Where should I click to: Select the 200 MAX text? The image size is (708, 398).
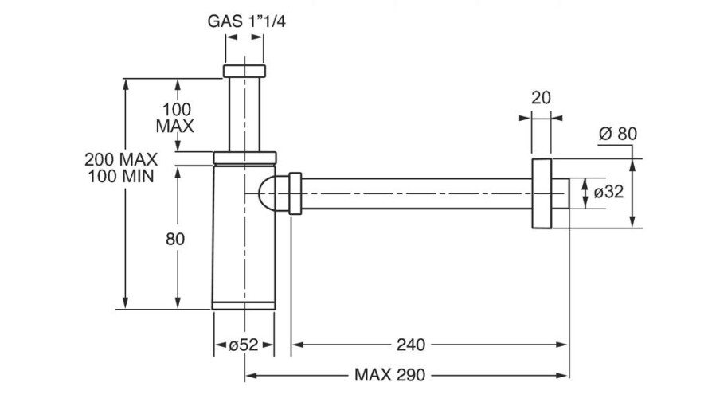click(x=120, y=158)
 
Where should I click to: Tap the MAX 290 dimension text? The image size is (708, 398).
click(x=390, y=374)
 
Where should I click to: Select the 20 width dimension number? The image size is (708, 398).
click(x=542, y=98)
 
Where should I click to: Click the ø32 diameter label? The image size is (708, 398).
click(x=604, y=192)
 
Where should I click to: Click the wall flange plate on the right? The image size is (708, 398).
click(x=542, y=193)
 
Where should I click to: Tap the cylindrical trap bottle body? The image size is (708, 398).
click(x=244, y=239)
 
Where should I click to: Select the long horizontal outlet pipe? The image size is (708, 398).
click(x=414, y=193)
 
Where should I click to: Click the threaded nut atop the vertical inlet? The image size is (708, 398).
click(x=244, y=72)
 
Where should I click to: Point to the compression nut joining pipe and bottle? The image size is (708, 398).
click(x=295, y=193)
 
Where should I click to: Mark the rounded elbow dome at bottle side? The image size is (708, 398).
click(x=269, y=193)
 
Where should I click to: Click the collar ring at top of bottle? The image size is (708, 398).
click(x=244, y=156)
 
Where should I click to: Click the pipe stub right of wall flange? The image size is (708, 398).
click(x=561, y=193)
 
